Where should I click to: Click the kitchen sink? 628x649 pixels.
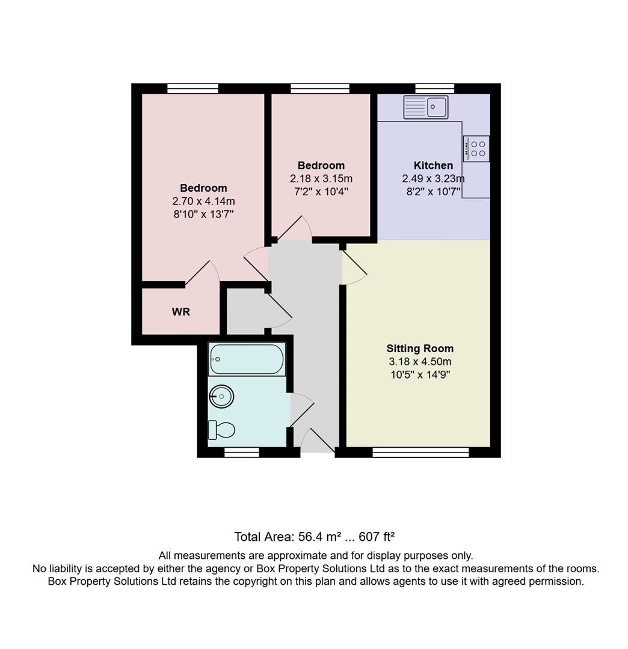[x=426, y=107]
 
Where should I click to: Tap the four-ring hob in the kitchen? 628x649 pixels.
[x=476, y=148]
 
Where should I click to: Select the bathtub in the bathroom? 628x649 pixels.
[x=247, y=359]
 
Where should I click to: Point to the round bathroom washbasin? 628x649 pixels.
[x=221, y=396]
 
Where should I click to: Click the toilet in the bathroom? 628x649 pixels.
[x=221, y=430]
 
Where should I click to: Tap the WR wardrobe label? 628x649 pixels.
[x=181, y=312]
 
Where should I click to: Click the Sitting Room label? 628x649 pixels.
[x=420, y=349]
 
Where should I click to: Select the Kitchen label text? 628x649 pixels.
[x=433, y=165]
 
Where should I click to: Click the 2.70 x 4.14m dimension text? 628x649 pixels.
[x=203, y=201]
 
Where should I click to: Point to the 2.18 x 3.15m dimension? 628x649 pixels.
[x=321, y=178]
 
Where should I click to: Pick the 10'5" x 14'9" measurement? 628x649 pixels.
[x=420, y=375]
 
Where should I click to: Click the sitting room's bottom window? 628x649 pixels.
[x=420, y=452]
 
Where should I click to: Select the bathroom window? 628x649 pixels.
[x=242, y=452]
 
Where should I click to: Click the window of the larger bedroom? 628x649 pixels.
[x=192, y=89]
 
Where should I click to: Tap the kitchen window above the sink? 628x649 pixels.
[x=434, y=89]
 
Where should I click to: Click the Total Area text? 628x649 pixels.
[x=314, y=537]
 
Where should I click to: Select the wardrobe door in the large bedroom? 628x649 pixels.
[x=202, y=273]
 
